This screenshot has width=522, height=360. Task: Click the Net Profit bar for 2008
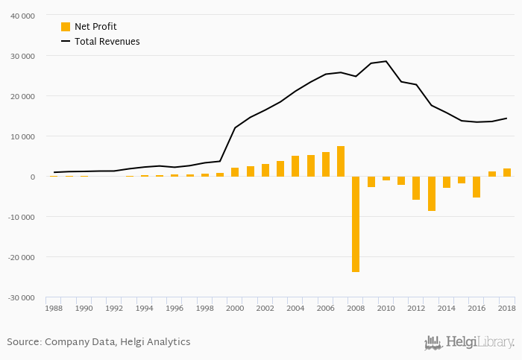click(356, 224)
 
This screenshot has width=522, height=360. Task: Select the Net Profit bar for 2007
click(341, 161)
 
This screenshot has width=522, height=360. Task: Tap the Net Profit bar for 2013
click(431, 193)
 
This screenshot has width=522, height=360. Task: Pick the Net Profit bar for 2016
click(477, 186)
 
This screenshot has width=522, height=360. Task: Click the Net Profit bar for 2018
click(507, 172)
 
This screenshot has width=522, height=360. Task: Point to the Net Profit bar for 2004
click(295, 165)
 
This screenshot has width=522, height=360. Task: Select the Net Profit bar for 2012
click(416, 188)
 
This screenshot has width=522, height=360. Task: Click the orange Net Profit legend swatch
click(66, 27)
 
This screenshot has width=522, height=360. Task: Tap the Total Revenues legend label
click(107, 42)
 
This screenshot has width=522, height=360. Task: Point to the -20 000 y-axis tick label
click(20, 257)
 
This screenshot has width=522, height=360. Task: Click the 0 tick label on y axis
click(32, 177)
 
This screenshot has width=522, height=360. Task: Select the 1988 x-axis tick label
click(54, 308)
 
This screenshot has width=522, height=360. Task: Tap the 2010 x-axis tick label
click(386, 308)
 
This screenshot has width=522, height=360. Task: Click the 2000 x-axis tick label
click(235, 308)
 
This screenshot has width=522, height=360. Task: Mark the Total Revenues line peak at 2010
click(386, 61)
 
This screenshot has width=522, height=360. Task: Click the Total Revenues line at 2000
click(235, 127)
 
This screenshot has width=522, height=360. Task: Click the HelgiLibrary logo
click(469, 342)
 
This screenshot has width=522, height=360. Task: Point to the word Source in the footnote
click(23, 342)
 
